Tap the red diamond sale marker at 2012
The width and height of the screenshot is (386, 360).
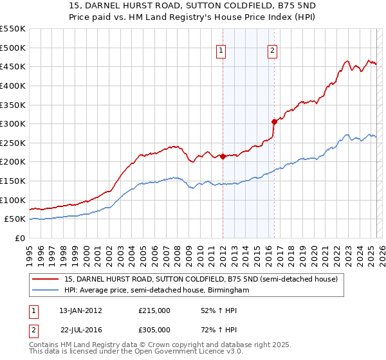pyautogui.click(x=223, y=156)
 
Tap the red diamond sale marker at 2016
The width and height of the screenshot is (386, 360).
pyautogui.click(x=274, y=122)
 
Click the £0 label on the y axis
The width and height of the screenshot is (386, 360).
pyautogui.click(x=20, y=238)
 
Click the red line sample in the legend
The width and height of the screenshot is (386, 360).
pyautogui.click(x=46, y=279)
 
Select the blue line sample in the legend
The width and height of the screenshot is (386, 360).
pyautogui.click(x=46, y=291)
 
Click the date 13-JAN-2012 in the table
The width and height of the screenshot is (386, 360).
pyautogui.click(x=80, y=310)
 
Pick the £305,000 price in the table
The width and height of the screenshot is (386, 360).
pyautogui.click(x=154, y=329)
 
